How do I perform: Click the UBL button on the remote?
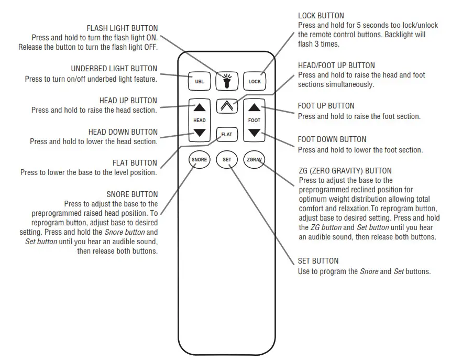[x=199, y=82]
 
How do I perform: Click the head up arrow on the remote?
[x=200, y=108]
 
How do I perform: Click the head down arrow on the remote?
[x=200, y=133]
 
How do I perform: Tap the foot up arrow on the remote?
[x=254, y=108]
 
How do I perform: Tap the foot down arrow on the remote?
[x=254, y=133]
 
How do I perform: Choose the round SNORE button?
[x=199, y=159]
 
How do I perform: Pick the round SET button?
[x=227, y=159]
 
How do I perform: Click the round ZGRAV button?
[x=254, y=159]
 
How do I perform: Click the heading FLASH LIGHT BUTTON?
[x=122, y=28]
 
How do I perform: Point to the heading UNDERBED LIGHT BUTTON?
[x=114, y=69]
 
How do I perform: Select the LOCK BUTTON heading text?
[x=321, y=16]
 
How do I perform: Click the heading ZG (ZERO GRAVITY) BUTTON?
[x=344, y=171]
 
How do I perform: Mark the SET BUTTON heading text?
[x=318, y=261]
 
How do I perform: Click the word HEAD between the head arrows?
[x=200, y=121]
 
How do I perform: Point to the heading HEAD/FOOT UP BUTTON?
[x=336, y=66]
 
